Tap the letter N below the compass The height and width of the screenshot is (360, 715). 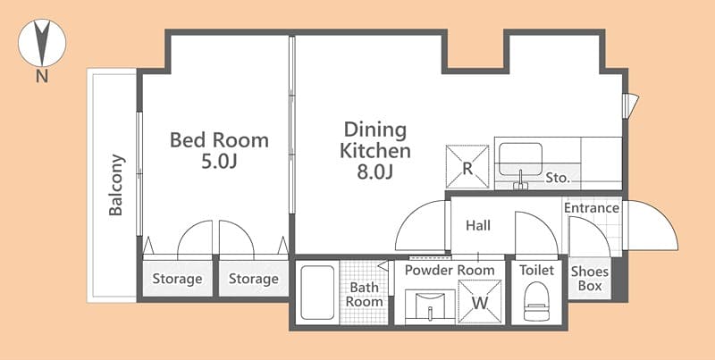(x=42, y=77)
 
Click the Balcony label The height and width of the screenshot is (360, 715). (x=117, y=186)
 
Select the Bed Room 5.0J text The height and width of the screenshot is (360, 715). (x=219, y=151)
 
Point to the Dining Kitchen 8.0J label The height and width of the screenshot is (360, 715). (x=374, y=150)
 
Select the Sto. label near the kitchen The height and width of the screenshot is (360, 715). (x=557, y=178)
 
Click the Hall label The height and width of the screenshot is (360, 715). (x=478, y=225)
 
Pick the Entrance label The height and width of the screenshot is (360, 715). (x=592, y=208)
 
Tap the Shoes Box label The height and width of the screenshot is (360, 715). (x=590, y=279)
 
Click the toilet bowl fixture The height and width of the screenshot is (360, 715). (x=537, y=299)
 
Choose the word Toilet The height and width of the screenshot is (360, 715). (x=536, y=270)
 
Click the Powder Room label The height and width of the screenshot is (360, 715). (x=450, y=270)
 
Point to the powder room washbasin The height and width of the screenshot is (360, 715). (x=429, y=305)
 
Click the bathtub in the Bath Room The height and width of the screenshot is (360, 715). (x=316, y=292)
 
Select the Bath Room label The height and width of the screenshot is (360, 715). (x=366, y=295)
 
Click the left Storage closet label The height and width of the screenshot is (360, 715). (x=177, y=279)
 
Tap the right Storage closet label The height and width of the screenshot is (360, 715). (x=254, y=279)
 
